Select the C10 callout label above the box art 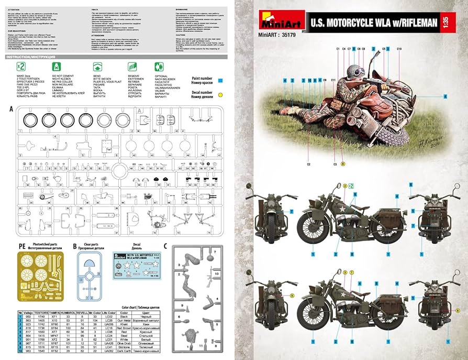tap(399, 49)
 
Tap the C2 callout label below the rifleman tap(309, 165)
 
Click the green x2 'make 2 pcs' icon tap(21, 67)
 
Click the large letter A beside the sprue tap(12, 109)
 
